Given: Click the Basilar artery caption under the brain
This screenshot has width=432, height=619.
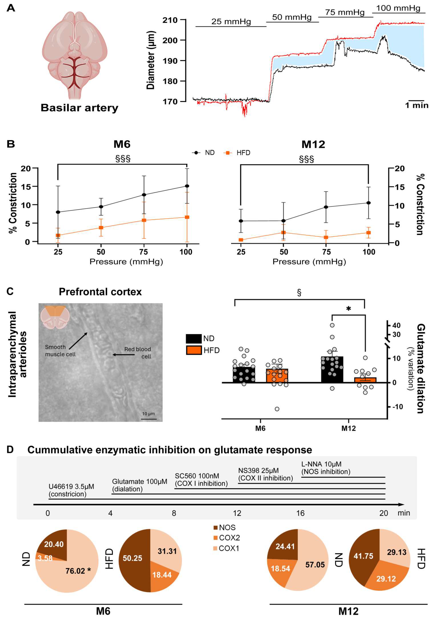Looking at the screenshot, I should tap(79, 108).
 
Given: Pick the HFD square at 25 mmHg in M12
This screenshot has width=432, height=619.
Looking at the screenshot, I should tap(241, 240).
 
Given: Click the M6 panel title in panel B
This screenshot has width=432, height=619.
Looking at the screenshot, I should tap(122, 144).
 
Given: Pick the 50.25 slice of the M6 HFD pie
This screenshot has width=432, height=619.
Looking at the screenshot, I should tap(133, 558).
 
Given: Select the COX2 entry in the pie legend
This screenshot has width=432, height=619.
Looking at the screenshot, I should tap(229, 538).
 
